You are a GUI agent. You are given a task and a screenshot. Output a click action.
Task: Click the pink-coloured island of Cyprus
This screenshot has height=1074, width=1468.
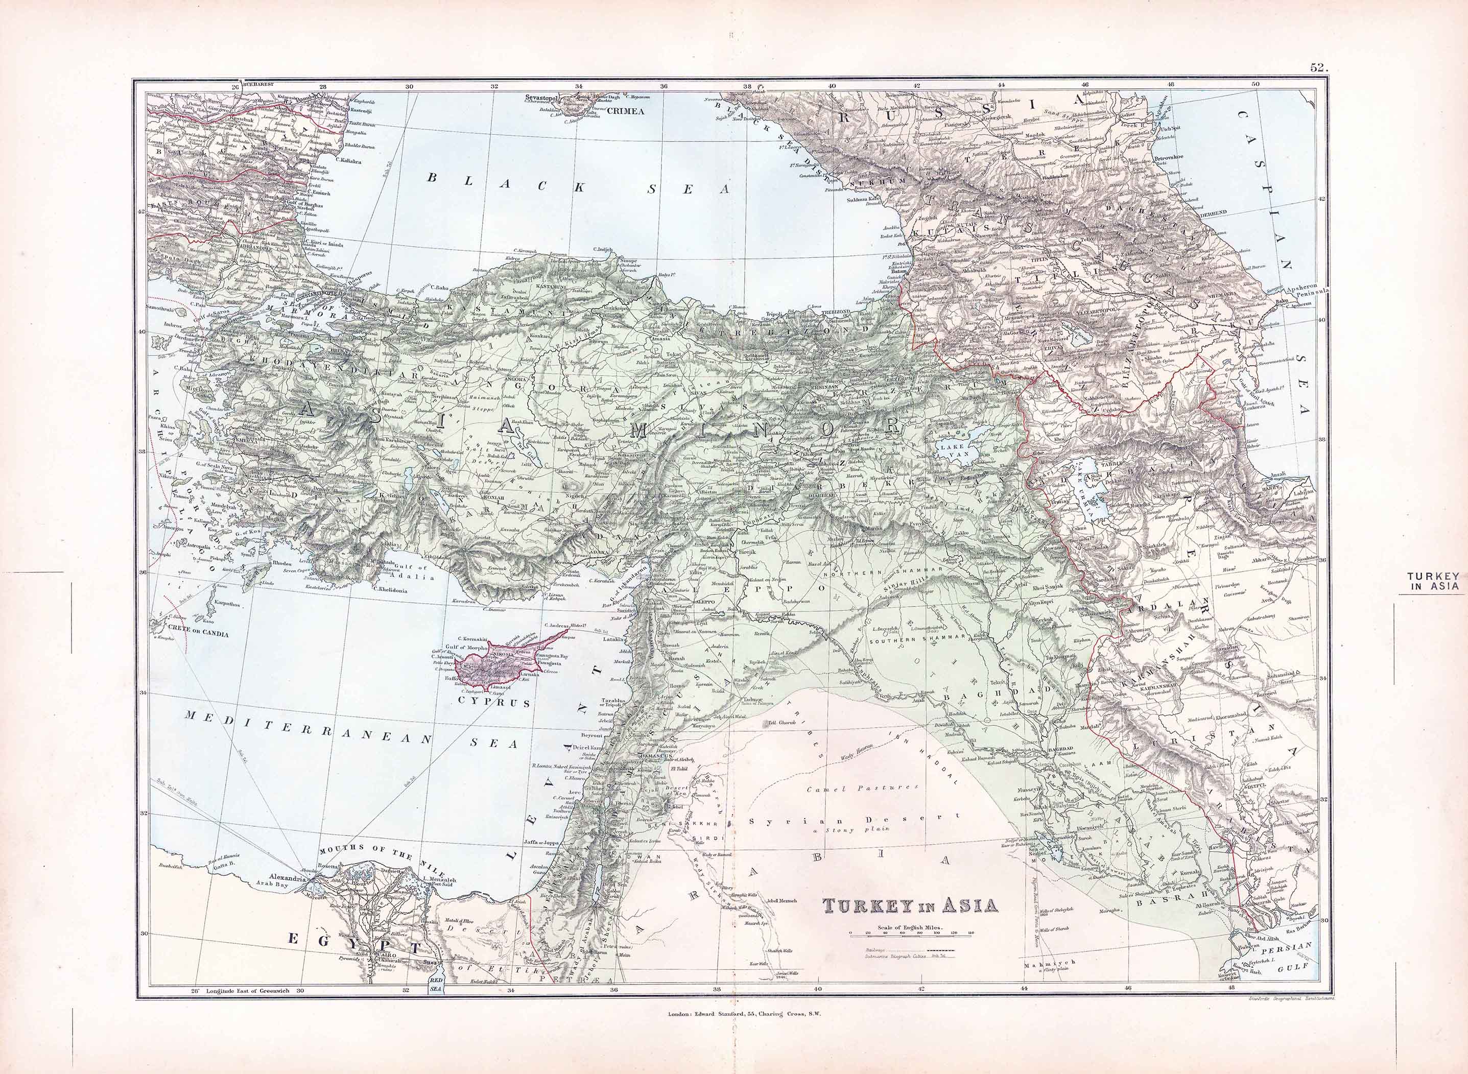(501, 663)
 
